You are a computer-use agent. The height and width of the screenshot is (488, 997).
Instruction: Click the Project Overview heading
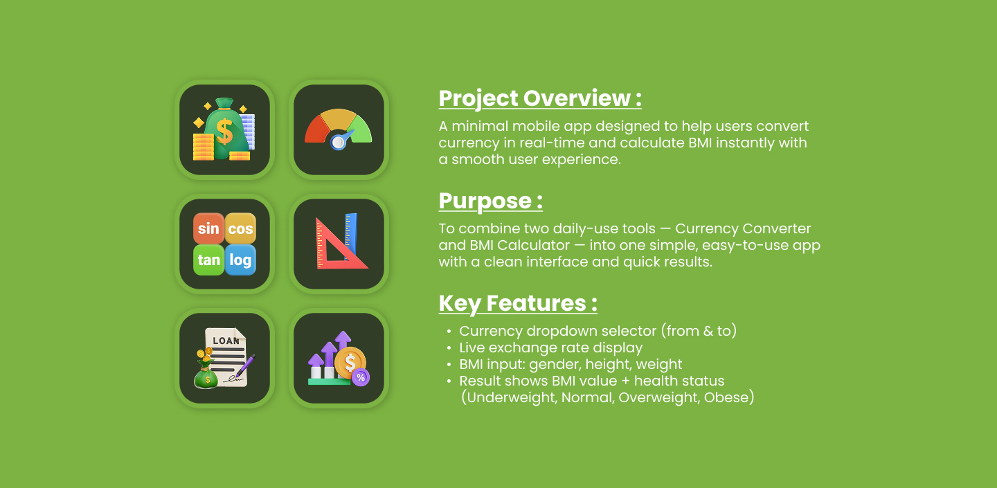coord(540,98)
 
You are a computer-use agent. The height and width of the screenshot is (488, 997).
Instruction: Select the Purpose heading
coord(490,201)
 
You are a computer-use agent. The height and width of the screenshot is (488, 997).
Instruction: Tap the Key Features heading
coord(518,303)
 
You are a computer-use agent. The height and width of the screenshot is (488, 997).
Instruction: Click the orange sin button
coord(209,228)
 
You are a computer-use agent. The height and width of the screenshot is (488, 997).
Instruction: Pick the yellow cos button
coord(240,228)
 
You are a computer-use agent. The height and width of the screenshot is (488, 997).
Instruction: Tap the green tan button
coord(209,260)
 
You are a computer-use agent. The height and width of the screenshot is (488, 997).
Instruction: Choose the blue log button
coord(240,260)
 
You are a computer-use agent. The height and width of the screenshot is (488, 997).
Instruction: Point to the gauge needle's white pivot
coord(339,143)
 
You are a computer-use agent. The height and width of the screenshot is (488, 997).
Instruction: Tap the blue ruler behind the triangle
coord(351,235)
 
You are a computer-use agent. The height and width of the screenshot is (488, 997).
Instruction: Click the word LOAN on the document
coord(226,341)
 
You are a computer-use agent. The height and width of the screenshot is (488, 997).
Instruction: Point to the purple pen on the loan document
coord(245,365)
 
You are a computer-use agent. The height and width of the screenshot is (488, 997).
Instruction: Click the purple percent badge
coord(361,378)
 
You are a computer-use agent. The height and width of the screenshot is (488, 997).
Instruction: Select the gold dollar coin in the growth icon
coord(350,363)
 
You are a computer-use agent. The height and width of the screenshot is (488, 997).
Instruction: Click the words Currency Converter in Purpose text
coord(743,228)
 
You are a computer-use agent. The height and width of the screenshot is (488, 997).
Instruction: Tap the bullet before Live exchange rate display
coord(449,348)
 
